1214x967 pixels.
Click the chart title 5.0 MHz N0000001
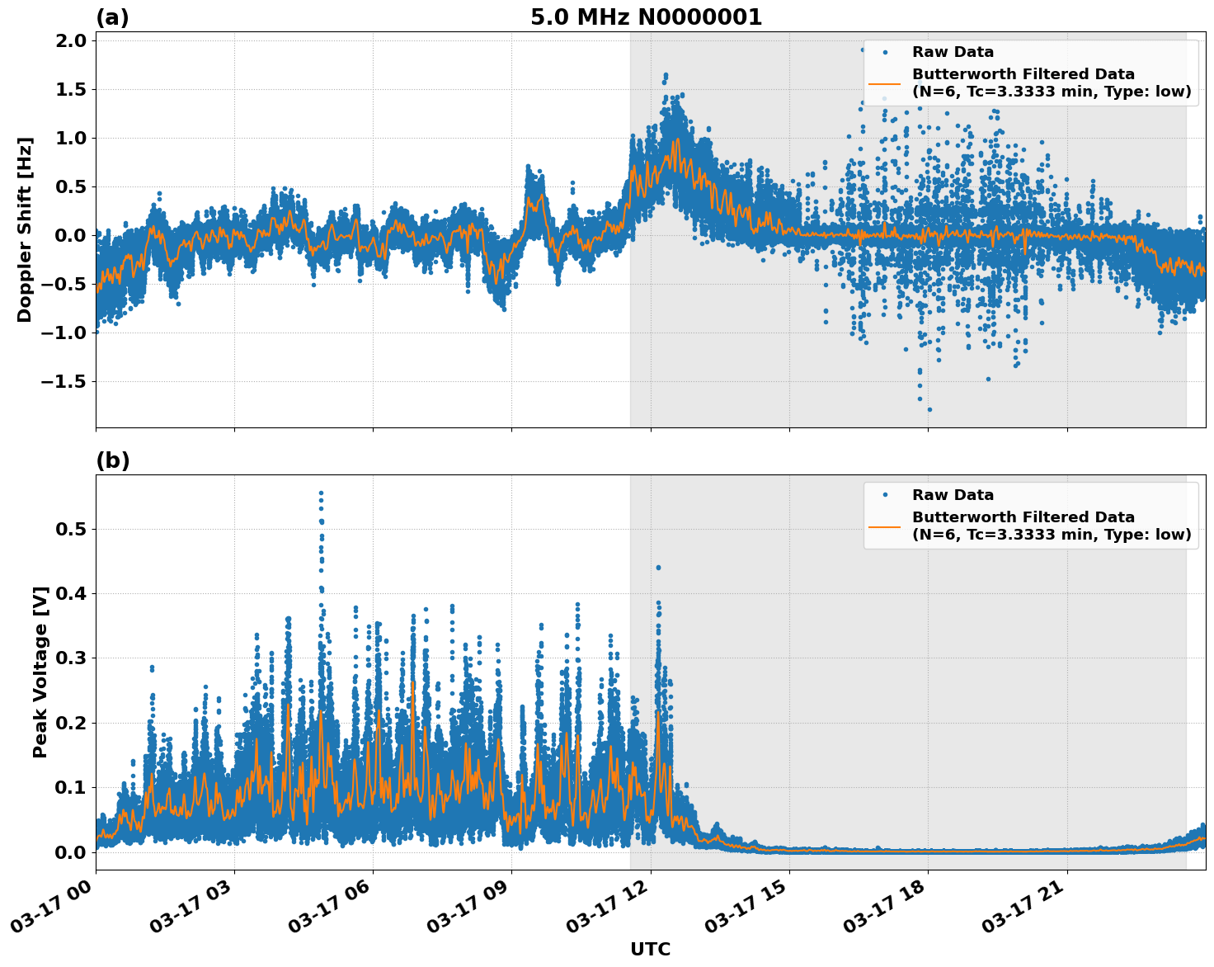pos(646,17)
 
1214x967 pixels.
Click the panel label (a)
pos(112,17)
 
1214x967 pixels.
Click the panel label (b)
pos(113,460)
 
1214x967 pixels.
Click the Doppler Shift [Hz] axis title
pos(25,229)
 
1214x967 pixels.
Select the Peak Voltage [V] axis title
pos(40,672)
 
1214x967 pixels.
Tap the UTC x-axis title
pos(650,949)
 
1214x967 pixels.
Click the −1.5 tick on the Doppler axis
pos(64,382)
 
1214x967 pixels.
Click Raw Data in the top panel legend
pos(953,52)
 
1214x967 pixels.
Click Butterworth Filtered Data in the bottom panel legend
pos(1023,517)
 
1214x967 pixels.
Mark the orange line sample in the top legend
pos(884,83)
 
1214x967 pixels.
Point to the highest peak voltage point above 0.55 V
pos(321,493)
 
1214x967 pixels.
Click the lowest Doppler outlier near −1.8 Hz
pos(929,409)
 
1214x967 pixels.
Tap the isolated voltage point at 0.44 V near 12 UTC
pos(658,568)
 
